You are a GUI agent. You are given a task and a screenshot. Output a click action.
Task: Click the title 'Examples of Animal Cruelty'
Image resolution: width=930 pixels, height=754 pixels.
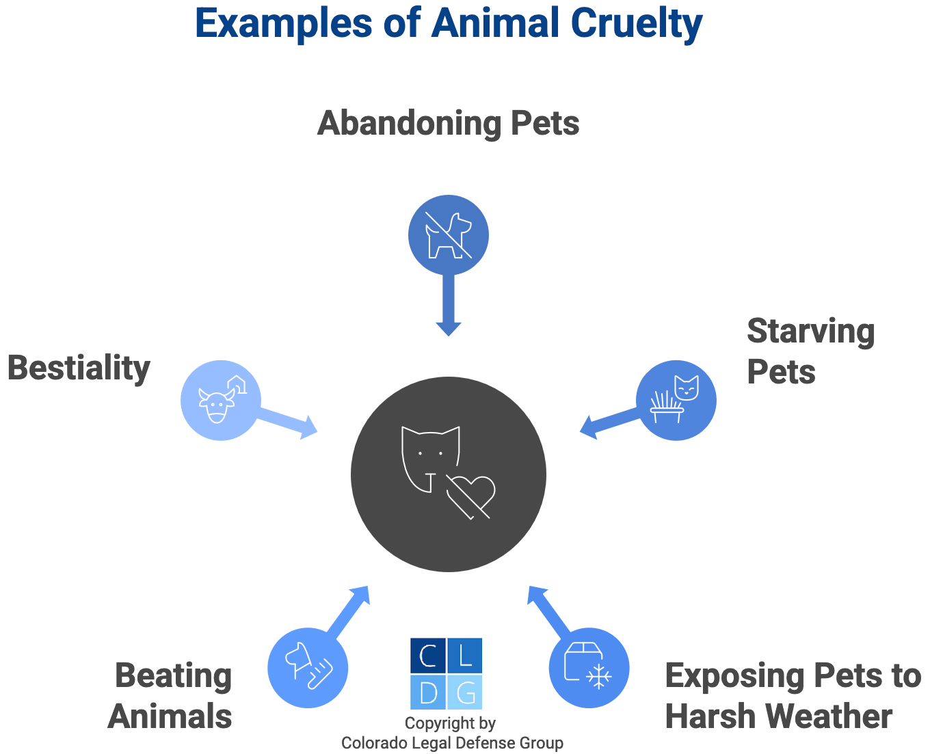coord(449,23)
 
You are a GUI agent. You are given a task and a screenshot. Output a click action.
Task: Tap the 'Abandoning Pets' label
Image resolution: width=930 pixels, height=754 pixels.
coord(449,124)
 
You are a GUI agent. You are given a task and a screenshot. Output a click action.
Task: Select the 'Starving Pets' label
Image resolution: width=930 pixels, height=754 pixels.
coord(810,351)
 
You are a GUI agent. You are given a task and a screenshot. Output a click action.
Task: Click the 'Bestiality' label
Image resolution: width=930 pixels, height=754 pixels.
coord(79,368)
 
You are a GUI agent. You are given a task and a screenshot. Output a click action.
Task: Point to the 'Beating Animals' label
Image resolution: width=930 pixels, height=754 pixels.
coord(171,696)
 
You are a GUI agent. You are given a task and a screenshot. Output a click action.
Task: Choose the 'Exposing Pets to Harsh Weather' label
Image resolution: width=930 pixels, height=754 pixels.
coord(793,696)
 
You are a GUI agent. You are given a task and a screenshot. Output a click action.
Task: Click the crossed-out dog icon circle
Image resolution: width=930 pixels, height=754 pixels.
coord(449,234)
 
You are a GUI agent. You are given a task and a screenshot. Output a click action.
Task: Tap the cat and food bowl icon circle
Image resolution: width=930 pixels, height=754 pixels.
coord(676,401)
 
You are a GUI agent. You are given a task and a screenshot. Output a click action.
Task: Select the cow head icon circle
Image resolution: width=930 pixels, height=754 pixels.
coord(220,401)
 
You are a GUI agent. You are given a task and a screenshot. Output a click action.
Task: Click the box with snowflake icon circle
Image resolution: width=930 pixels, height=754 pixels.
coord(589,668)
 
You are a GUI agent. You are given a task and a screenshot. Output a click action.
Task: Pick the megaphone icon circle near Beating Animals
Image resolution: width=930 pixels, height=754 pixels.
coord(308,668)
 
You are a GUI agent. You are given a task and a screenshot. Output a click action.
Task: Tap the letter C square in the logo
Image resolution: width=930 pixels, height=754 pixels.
coord(428,656)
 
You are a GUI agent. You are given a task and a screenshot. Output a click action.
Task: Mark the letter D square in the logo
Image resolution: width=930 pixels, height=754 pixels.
coord(428,692)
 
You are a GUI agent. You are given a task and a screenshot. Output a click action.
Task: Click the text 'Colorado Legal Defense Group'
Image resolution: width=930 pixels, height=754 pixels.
coord(452,743)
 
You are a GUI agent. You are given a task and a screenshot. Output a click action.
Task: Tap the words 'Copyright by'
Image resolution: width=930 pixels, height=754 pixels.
coord(450,723)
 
